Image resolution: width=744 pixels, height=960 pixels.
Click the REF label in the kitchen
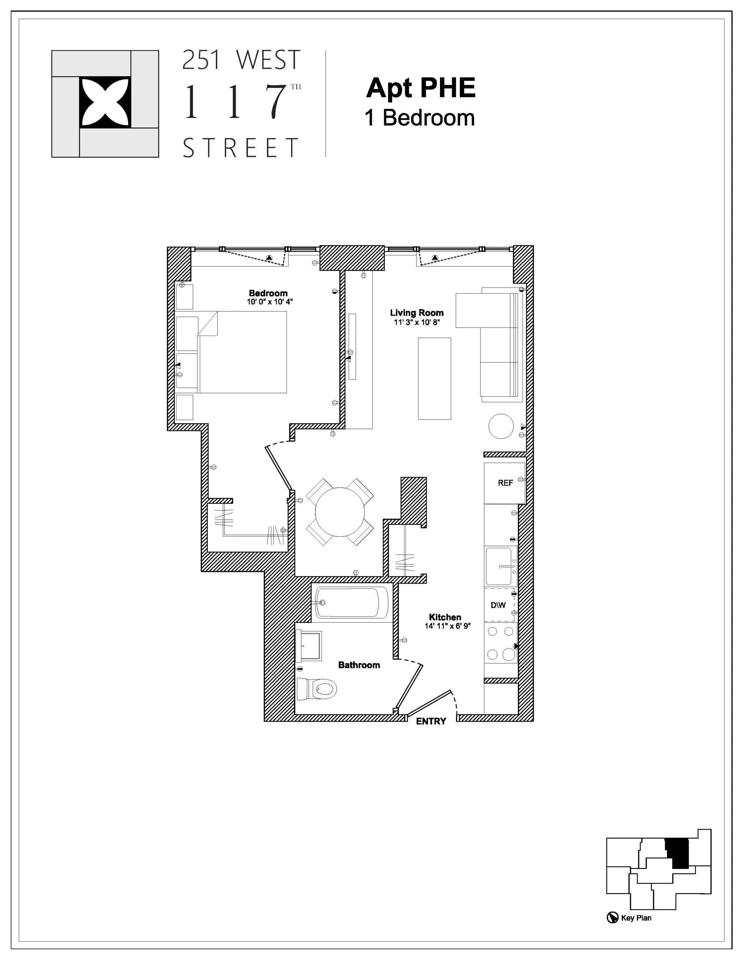click(x=505, y=483)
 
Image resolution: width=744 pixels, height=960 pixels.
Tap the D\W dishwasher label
click(x=498, y=605)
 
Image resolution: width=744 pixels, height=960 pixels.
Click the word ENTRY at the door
click(x=431, y=721)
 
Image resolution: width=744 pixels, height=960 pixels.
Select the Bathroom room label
click(x=359, y=665)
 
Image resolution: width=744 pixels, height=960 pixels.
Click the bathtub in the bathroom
click(x=352, y=603)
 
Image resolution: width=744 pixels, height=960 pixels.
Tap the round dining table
click(x=340, y=512)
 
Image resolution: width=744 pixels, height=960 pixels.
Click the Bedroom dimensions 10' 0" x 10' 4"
click(x=269, y=302)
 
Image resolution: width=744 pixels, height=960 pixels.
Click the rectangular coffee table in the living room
click(x=434, y=378)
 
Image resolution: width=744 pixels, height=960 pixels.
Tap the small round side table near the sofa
click(x=501, y=426)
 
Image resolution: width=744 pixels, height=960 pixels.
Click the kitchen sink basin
click(x=499, y=566)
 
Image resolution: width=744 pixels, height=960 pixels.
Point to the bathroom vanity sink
click(x=309, y=646)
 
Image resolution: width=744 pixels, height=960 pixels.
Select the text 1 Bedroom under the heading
click(x=420, y=118)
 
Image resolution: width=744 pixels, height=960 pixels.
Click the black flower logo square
click(x=105, y=102)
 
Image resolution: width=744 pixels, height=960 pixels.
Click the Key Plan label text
click(x=636, y=918)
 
